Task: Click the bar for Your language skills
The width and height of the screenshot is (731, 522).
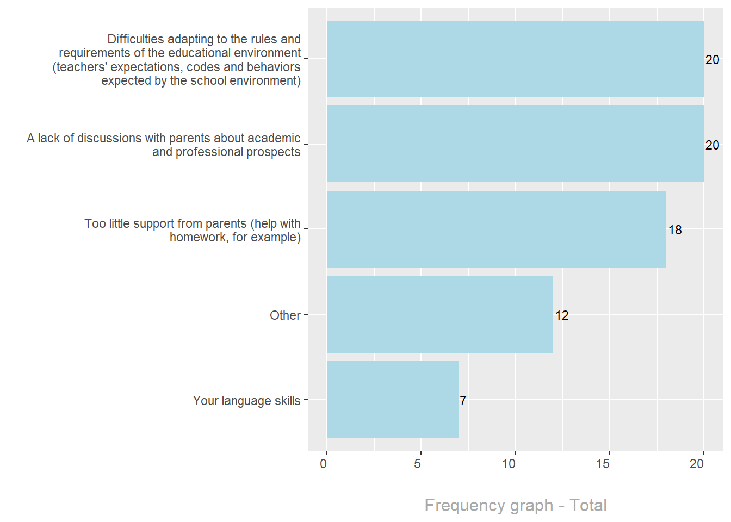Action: [393, 400]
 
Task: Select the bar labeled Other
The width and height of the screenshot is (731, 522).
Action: [439, 314]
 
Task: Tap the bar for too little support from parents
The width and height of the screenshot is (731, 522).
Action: [496, 229]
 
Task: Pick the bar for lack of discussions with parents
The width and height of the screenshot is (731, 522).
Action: [515, 144]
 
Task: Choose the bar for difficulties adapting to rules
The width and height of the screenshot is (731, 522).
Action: [515, 59]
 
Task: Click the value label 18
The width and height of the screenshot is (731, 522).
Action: [675, 230]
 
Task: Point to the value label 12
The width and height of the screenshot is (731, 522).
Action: [562, 315]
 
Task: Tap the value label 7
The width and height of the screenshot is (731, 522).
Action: [463, 401]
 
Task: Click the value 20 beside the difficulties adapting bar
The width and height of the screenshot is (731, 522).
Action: [712, 60]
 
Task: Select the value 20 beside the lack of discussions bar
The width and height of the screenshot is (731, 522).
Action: [712, 145]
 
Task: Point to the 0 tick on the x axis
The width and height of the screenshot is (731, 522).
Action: [324, 464]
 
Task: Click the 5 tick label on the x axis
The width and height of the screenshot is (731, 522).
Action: [418, 464]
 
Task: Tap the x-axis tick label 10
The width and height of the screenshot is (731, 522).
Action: [509, 464]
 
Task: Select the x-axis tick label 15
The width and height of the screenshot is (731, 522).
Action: [603, 464]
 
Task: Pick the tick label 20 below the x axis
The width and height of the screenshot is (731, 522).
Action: [697, 464]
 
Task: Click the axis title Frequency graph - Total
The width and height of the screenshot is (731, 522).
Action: [515, 505]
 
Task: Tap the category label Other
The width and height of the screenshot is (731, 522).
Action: [285, 315]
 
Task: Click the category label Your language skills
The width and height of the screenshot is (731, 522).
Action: [246, 401]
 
